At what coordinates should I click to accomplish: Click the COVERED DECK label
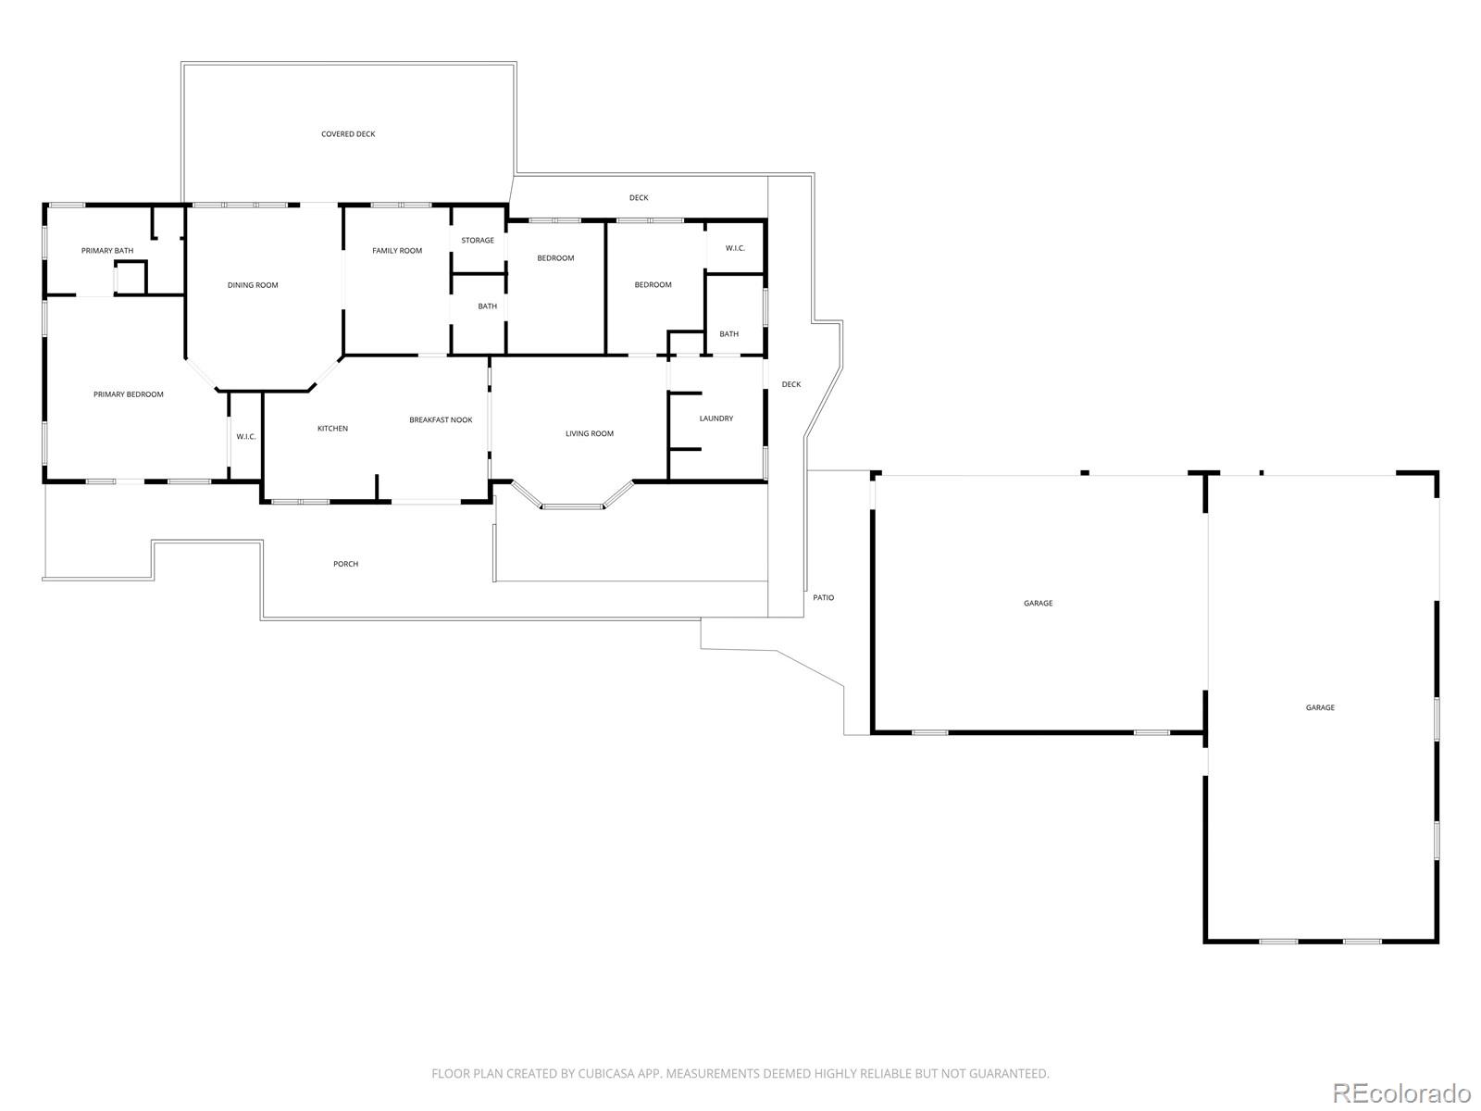348,134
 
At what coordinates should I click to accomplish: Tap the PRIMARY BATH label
107,251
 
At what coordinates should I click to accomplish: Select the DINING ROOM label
253,285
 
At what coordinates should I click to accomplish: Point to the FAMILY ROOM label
397,251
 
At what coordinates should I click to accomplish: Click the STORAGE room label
478,240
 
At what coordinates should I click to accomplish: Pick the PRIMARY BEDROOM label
128,394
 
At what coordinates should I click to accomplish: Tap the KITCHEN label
332,429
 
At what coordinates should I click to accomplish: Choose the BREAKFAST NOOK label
441,420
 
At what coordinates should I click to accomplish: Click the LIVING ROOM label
590,433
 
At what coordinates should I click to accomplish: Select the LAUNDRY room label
716,418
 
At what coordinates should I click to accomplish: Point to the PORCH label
345,564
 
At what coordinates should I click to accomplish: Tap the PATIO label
823,598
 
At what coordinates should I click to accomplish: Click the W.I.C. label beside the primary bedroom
246,437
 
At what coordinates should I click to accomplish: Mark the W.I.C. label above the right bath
736,248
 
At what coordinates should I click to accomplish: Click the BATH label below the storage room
487,306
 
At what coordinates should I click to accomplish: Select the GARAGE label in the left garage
1039,603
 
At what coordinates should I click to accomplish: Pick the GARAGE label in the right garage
1321,707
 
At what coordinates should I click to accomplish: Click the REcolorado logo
1401,1092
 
